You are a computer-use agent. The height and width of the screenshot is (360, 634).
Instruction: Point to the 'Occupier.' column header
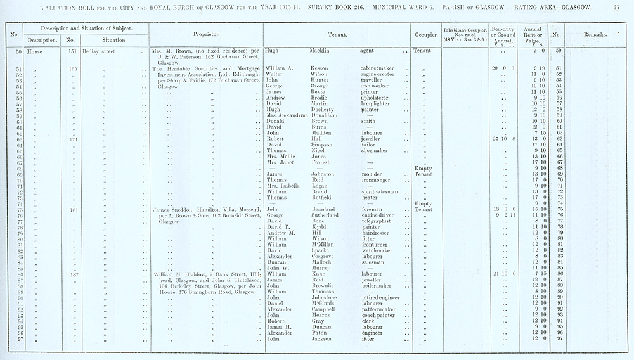click(424, 33)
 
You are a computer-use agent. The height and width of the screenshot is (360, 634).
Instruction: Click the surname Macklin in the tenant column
click(325, 49)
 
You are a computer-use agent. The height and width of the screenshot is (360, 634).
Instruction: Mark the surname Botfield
click(324, 197)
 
